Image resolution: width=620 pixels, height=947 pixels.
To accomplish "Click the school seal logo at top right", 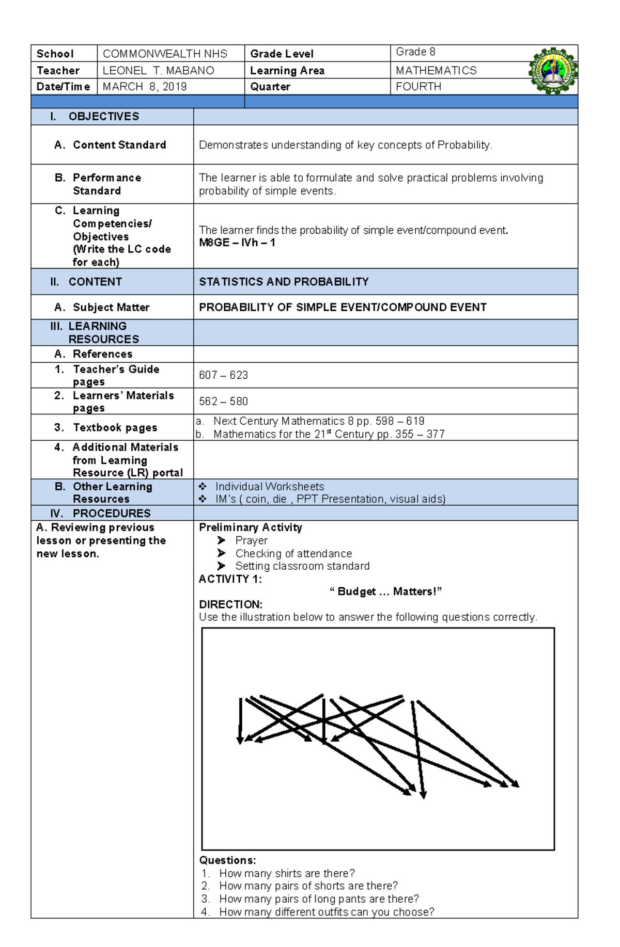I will (x=552, y=71).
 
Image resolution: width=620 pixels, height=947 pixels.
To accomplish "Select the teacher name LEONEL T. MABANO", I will (x=158, y=71).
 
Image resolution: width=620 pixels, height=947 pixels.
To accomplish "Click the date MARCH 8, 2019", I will (x=145, y=87).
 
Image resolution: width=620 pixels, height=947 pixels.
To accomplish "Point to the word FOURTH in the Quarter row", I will (x=419, y=87).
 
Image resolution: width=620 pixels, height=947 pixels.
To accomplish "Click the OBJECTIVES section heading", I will (x=103, y=117).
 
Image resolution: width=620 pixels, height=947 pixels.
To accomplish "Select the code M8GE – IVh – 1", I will (x=237, y=243).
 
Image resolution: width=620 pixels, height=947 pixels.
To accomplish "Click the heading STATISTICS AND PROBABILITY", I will (x=284, y=282).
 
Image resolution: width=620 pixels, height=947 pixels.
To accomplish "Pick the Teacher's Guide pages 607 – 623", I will (x=223, y=375).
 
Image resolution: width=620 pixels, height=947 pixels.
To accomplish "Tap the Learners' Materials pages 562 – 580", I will (x=223, y=402).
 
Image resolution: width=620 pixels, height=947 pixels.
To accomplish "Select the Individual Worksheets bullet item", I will (x=269, y=487).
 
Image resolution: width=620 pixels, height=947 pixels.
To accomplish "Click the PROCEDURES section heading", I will (x=111, y=513).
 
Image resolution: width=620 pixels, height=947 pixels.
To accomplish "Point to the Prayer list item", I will (x=251, y=540).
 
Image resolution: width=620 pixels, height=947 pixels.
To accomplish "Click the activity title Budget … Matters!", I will (x=385, y=591).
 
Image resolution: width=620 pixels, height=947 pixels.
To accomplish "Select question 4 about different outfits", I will (x=326, y=912).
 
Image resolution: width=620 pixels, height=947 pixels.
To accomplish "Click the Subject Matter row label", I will (x=111, y=308).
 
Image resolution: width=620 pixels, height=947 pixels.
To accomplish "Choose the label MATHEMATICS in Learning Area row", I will (x=436, y=71).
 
